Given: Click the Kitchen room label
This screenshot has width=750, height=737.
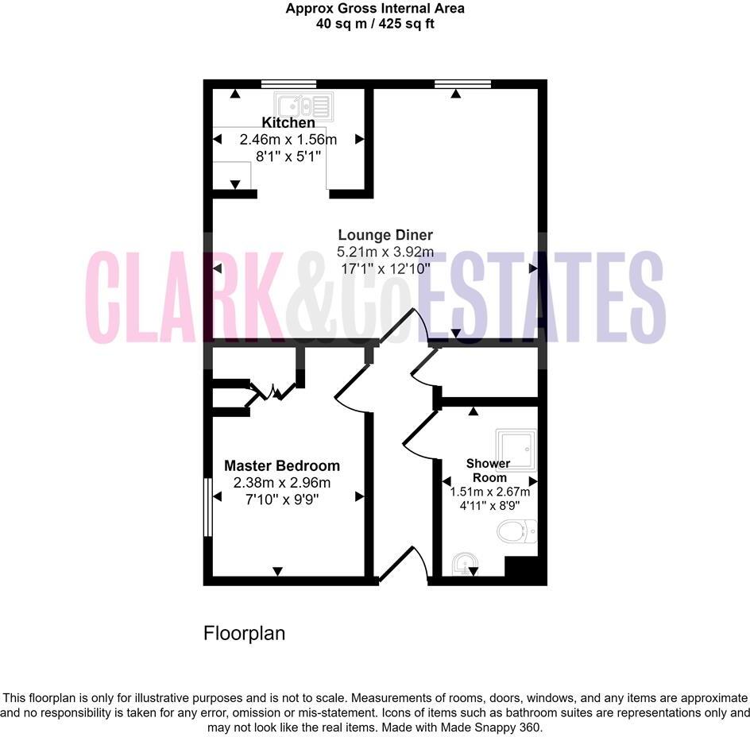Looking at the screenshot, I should point(288,123).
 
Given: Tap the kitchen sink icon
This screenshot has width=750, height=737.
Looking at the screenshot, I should point(302,105).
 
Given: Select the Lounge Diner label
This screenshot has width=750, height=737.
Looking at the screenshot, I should point(385,235).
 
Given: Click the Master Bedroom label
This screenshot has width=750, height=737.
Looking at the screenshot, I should point(282,466).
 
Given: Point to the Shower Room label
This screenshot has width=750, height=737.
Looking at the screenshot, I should point(488,470).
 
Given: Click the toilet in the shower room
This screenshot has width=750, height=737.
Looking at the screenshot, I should point(517,530).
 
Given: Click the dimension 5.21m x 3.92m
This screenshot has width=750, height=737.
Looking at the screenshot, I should point(385,252).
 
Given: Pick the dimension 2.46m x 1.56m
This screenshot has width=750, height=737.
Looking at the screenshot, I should point(288,140).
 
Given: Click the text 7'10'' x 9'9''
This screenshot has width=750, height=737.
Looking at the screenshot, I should point(282,499).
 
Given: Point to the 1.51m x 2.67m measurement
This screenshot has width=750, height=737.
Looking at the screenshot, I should point(488,492).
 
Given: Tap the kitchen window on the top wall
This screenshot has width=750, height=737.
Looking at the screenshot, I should point(289,83).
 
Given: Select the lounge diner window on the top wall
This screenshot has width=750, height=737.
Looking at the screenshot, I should point(462,83).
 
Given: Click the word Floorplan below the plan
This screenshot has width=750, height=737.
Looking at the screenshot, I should point(244,634).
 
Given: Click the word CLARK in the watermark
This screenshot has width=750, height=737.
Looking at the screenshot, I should point(183,298).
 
